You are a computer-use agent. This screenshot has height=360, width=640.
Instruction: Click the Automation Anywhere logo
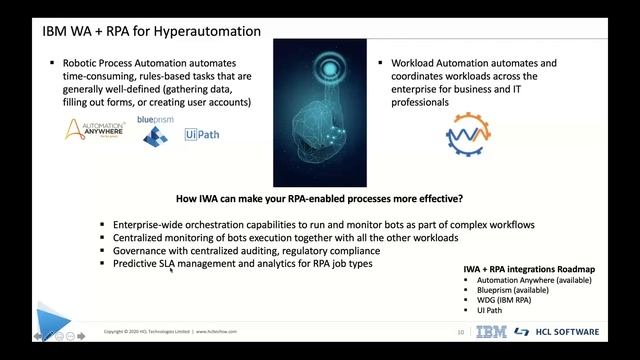(94, 131)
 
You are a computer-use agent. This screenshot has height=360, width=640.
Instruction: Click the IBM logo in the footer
(491, 332)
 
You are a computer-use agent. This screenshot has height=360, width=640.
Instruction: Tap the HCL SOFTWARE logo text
(570, 332)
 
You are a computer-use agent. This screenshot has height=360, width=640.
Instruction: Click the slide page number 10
(459, 332)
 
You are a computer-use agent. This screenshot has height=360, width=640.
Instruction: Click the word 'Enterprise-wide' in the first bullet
(148, 224)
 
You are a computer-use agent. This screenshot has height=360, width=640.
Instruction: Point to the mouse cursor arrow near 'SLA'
(172, 268)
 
